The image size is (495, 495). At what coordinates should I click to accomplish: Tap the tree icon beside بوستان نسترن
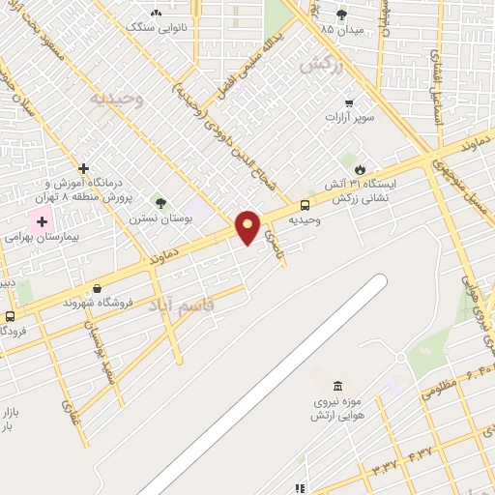tap(160, 203)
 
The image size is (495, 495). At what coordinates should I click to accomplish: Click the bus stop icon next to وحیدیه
tap(305, 205)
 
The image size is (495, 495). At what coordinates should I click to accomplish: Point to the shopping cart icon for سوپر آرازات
tap(348, 102)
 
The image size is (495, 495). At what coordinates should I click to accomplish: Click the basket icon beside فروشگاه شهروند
tap(97, 288)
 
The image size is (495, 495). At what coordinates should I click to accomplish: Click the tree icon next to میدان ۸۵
tap(340, 14)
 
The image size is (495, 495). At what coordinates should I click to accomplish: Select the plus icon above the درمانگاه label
tap(84, 168)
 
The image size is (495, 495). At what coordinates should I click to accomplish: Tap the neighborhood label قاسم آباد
tap(185, 306)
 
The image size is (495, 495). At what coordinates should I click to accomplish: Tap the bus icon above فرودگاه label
tap(10, 316)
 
